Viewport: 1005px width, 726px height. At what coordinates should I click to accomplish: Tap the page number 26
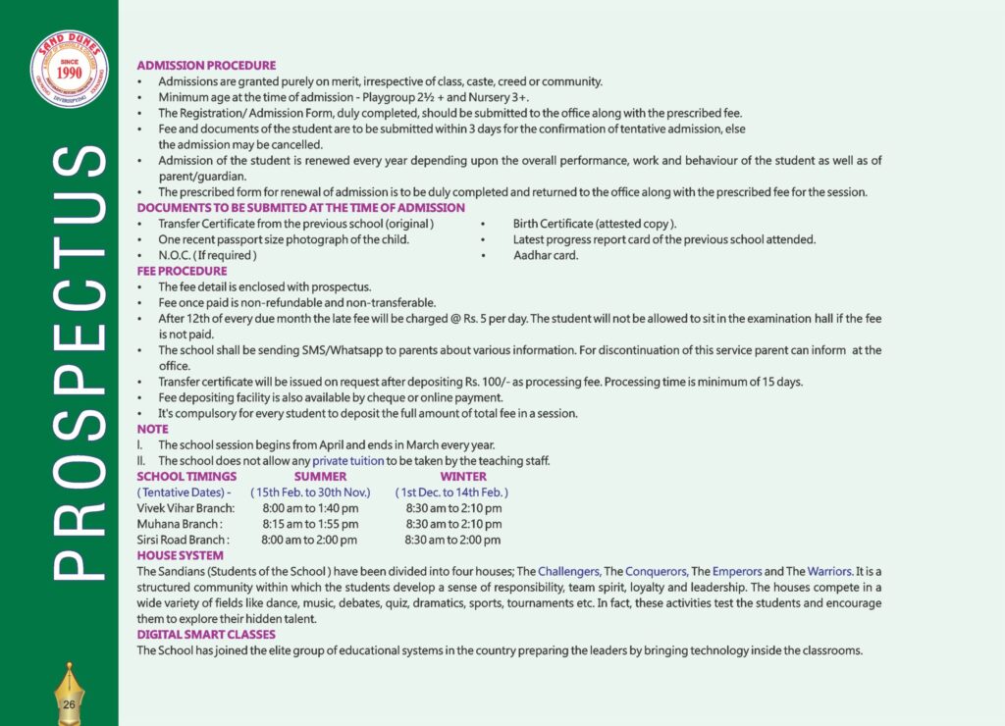pos(69,704)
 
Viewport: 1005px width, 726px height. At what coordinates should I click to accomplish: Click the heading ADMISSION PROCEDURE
pos(206,65)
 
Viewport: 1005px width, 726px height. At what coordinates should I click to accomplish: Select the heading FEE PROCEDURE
pos(182,271)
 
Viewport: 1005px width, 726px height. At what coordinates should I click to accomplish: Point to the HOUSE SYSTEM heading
pos(180,555)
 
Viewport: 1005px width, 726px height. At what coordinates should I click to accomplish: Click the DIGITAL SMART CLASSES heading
pos(206,634)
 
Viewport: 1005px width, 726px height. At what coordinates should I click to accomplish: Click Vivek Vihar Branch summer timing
pos(310,508)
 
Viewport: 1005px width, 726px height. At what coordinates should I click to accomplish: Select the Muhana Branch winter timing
pos(453,524)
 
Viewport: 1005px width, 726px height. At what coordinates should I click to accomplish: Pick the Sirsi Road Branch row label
pos(184,540)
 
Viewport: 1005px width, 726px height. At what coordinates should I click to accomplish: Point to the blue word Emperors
pos(737,571)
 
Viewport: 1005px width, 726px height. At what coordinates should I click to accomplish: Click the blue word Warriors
pos(825,571)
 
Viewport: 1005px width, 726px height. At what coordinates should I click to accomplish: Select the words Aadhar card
pos(546,255)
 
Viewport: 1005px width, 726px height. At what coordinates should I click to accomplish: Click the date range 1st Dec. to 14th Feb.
pos(451,492)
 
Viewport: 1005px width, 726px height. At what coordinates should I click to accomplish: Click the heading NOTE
pos(152,429)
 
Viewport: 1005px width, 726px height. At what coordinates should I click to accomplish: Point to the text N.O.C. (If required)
pos(207,255)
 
